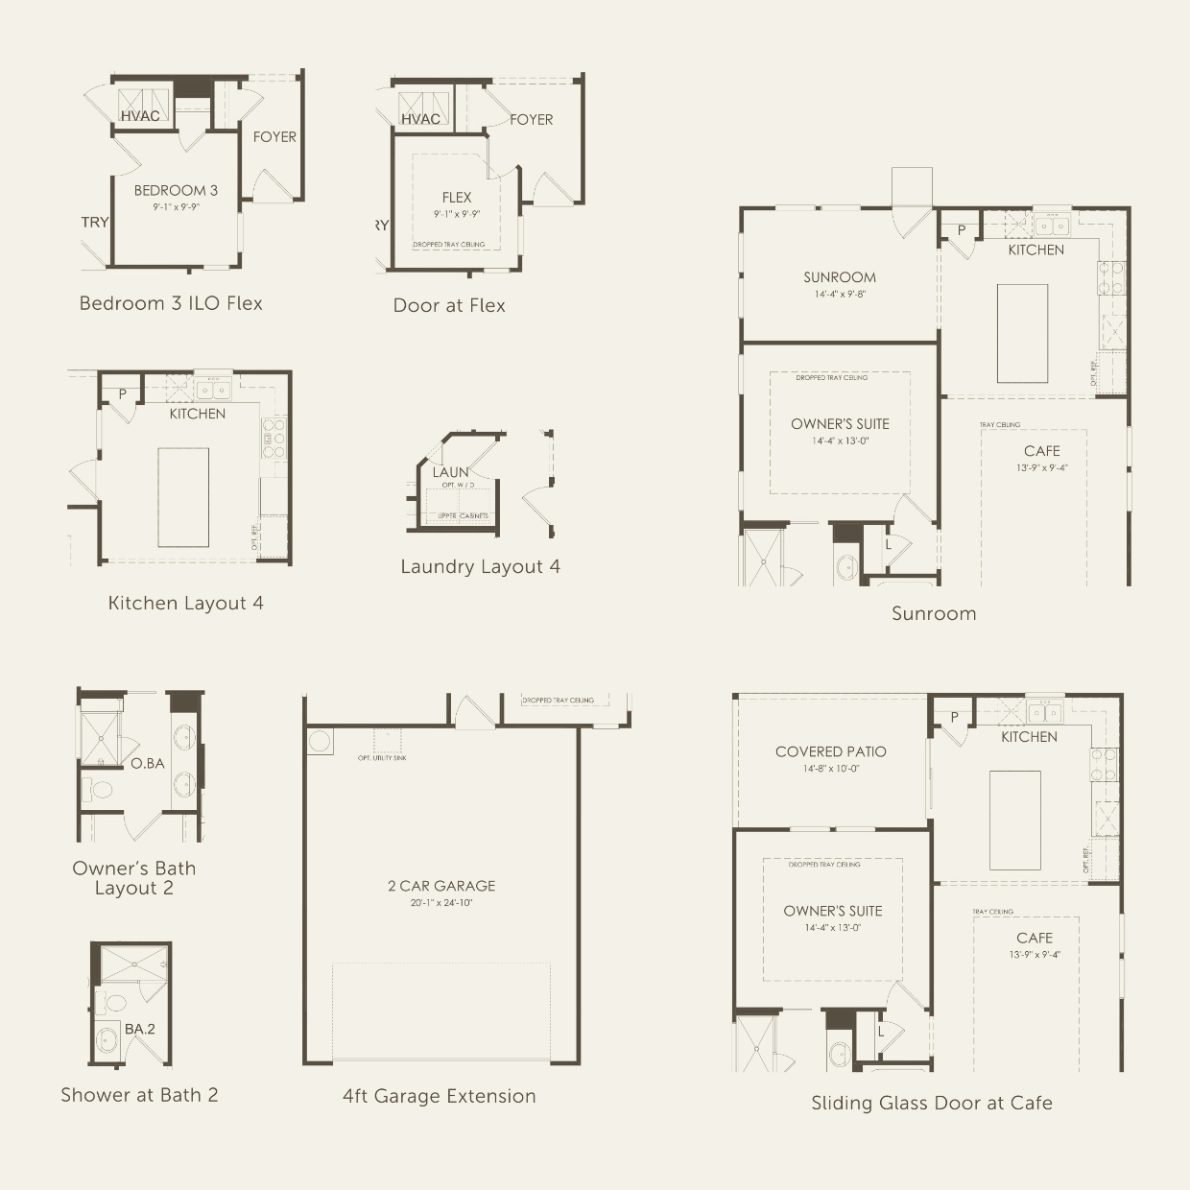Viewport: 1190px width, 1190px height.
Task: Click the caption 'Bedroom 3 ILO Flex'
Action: pos(171,303)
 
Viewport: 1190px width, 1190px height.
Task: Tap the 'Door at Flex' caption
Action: pos(449,305)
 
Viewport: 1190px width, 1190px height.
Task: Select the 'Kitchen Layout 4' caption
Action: pos(185,603)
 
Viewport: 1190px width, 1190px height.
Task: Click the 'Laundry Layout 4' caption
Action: pos(480,566)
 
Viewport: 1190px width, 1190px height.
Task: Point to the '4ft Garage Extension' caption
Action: pos(439,1096)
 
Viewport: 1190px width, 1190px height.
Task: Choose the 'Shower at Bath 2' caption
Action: pos(139,1095)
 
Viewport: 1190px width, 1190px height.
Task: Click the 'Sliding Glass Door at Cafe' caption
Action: pos(931,1103)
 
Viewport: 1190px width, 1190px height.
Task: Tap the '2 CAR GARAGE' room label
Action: pos(441,886)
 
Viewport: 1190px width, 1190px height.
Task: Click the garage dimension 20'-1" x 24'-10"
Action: pos(441,903)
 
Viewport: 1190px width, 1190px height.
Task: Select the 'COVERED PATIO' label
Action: pos(830,751)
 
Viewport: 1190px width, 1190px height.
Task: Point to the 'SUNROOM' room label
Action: pos(840,277)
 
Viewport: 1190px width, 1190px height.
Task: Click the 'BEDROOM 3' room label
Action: pos(176,190)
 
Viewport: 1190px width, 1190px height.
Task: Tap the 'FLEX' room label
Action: pos(457,198)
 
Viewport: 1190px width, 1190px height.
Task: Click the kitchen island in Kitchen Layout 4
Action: pos(183,497)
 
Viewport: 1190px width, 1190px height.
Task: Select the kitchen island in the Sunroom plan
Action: pos(1022,333)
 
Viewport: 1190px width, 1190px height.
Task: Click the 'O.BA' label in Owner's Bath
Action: pos(148,763)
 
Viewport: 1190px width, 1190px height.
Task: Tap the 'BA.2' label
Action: pos(139,1029)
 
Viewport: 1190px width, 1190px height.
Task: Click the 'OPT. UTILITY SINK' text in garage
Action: pos(381,758)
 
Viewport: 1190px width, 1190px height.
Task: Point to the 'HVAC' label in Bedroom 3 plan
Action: pos(140,116)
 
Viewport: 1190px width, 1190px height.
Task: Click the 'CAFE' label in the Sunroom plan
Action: pos(1041,451)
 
